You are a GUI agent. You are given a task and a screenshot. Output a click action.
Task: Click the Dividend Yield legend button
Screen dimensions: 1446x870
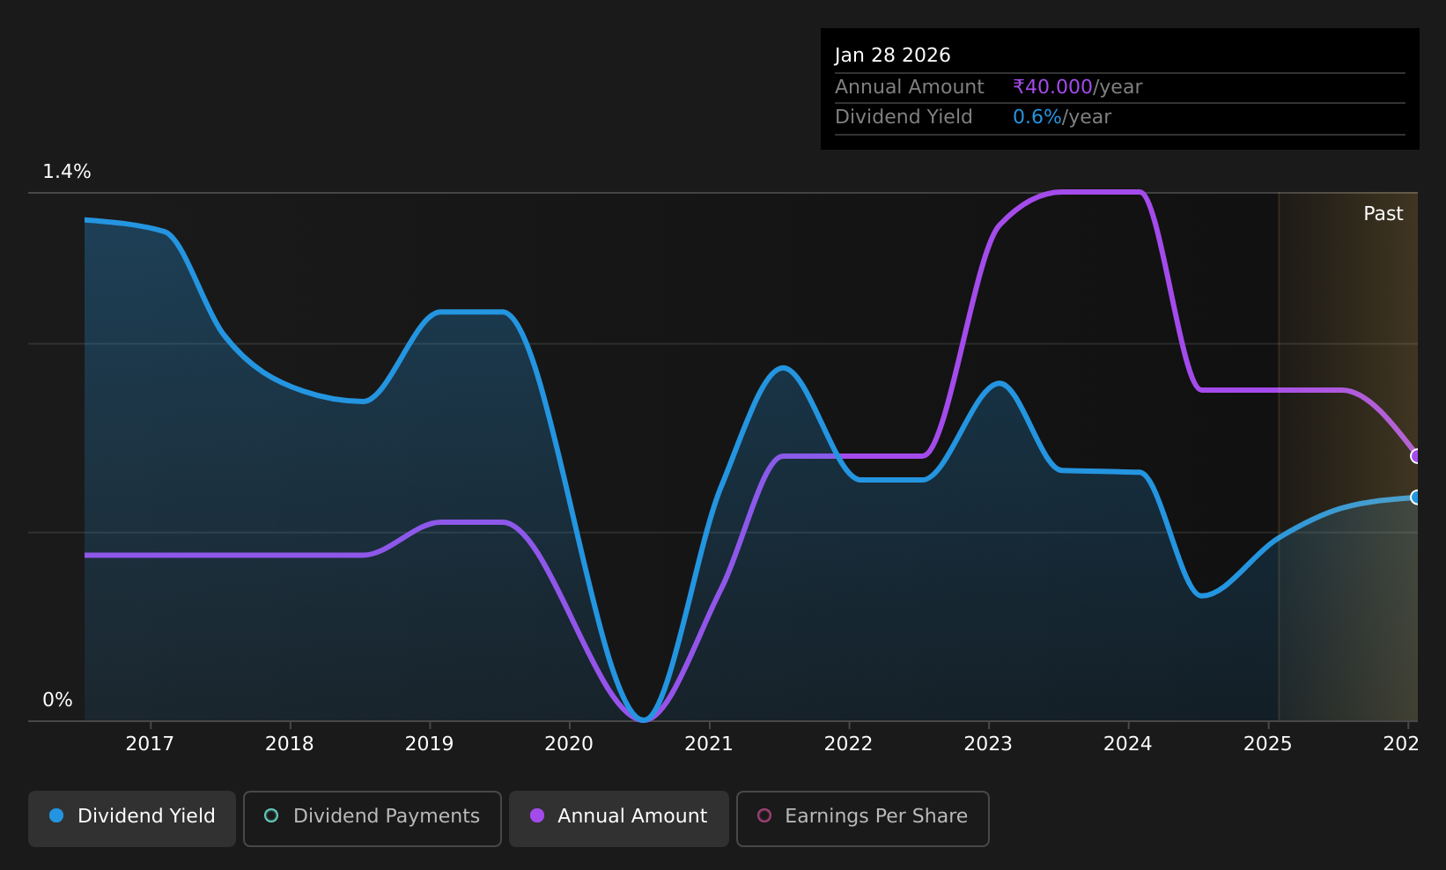(132, 818)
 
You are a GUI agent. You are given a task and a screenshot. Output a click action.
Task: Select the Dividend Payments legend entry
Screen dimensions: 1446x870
(373, 818)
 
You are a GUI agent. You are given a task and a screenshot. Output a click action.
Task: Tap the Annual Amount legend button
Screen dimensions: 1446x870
(618, 818)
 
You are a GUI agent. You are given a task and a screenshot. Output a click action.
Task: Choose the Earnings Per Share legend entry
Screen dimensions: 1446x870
(862, 818)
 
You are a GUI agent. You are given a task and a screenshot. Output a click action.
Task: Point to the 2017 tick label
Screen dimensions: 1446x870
(150, 744)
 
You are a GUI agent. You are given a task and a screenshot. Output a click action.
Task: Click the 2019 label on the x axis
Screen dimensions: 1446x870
(429, 744)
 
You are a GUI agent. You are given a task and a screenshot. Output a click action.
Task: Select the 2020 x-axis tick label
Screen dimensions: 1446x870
(569, 744)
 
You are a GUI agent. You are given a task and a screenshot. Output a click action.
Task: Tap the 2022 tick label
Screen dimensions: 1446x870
(848, 744)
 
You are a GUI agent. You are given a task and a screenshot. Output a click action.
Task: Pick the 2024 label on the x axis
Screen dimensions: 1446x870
(1128, 744)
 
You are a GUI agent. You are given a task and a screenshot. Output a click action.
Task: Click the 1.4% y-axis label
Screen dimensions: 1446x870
(67, 172)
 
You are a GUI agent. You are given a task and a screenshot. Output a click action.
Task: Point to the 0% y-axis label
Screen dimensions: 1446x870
(57, 700)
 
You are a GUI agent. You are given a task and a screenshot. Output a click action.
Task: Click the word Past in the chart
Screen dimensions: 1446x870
(1383, 214)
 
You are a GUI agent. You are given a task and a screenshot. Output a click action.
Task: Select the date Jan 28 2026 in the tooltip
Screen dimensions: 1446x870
(892, 55)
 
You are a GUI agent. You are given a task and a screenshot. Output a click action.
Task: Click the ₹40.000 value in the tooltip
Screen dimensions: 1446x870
(1052, 87)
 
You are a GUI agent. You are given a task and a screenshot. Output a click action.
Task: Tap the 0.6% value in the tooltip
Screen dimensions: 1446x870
(1037, 117)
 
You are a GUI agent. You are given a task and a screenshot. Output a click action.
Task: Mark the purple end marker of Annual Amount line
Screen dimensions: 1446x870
(1416, 456)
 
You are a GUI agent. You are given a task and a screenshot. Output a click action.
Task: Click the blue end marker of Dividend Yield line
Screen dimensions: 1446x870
(1416, 497)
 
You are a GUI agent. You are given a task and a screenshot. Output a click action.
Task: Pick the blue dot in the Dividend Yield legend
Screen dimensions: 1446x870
(57, 815)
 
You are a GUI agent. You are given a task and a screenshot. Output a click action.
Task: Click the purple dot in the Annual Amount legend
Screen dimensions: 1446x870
(537, 815)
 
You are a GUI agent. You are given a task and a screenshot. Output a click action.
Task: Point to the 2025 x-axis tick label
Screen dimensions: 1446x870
(1268, 744)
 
